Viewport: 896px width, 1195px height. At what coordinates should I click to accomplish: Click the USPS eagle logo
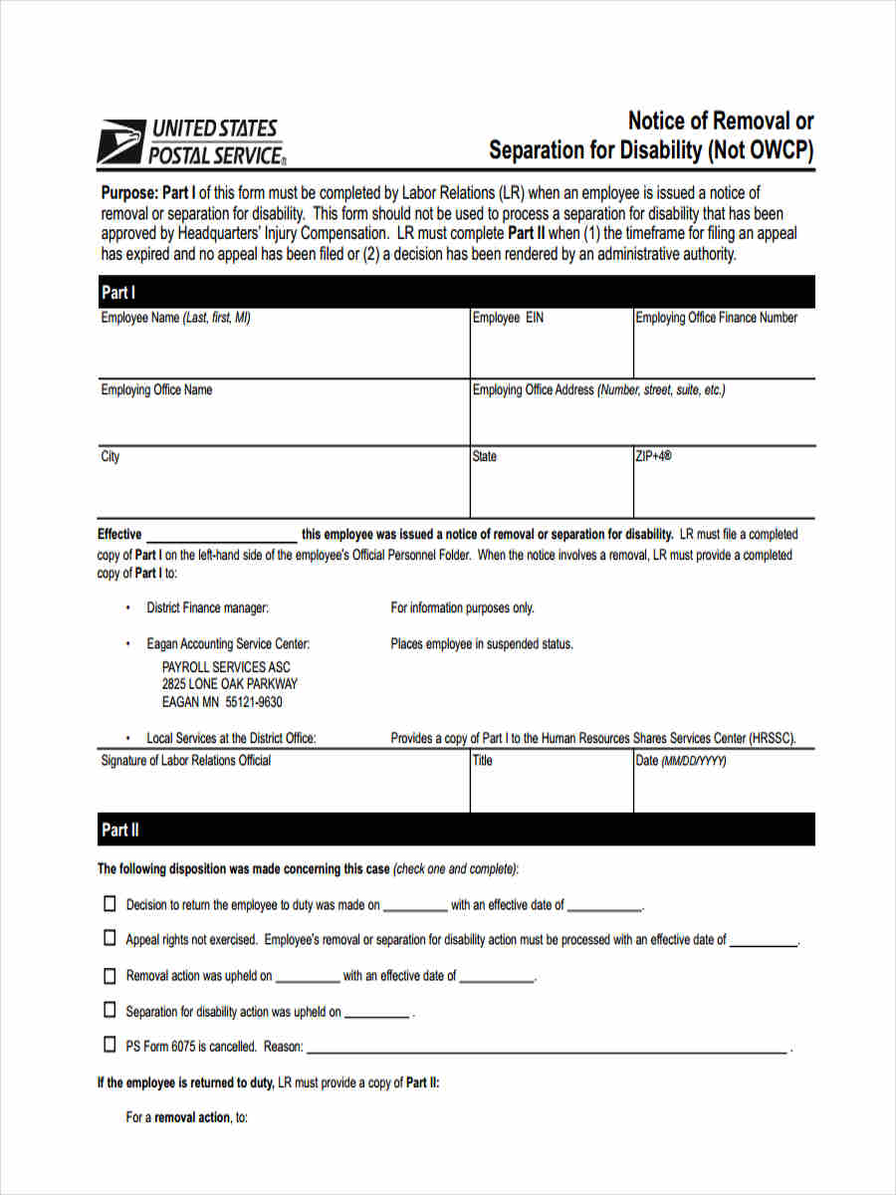click(x=120, y=142)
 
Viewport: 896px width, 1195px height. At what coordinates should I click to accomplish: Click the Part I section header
click(x=118, y=293)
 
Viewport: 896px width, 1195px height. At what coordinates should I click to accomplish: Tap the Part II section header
click(x=119, y=830)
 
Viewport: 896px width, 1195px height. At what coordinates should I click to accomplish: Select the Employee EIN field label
click(x=508, y=318)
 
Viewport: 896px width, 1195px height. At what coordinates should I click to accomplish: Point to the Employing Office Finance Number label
click(x=716, y=318)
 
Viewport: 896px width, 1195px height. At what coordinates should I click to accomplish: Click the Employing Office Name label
click(x=156, y=389)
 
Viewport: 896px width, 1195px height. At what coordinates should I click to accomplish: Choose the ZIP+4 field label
click(x=654, y=456)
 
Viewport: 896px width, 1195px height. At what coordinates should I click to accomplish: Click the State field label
click(x=485, y=456)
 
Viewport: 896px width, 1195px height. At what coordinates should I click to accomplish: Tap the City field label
click(x=110, y=456)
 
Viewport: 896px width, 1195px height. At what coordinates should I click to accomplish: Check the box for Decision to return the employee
click(x=110, y=904)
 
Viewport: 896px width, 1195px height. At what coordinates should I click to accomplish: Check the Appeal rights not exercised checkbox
click(x=110, y=938)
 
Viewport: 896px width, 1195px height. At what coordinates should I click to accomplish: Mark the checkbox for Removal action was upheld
click(x=110, y=975)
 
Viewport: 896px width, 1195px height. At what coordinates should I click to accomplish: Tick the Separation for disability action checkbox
click(x=110, y=1010)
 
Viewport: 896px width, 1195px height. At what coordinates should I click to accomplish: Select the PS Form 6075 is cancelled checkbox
click(x=110, y=1046)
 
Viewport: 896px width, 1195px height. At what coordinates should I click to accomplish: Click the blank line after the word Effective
click(x=221, y=535)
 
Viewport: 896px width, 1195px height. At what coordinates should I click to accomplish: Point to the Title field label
click(x=483, y=760)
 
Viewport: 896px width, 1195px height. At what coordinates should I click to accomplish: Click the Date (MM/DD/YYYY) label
click(x=681, y=760)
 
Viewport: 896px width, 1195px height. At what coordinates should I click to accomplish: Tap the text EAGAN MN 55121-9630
click(x=222, y=702)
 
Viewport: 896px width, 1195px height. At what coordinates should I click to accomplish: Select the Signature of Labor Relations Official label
click(x=186, y=760)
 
